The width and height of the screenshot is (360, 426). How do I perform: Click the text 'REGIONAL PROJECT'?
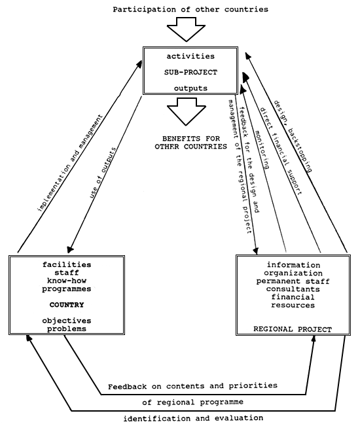coord(293,329)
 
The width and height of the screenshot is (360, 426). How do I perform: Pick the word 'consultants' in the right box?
coord(294,289)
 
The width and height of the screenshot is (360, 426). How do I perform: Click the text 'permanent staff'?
coord(294,281)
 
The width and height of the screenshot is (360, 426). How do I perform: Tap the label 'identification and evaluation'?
coord(194,417)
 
